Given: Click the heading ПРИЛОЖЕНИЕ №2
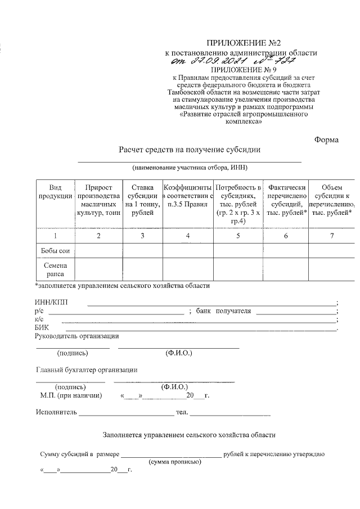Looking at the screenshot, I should pyautogui.click(x=243, y=43).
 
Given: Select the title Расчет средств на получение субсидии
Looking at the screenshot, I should pyautogui.click(x=190, y=150).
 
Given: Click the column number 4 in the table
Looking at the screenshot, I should pyautogui.click(x=188, y=236).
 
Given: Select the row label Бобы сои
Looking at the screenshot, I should pyautogui.click(x=55, y=250).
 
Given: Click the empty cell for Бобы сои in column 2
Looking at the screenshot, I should pyautogui.click(x=98, y=250).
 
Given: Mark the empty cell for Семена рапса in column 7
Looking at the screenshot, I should pyautogui.click(x=331, y=269).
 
